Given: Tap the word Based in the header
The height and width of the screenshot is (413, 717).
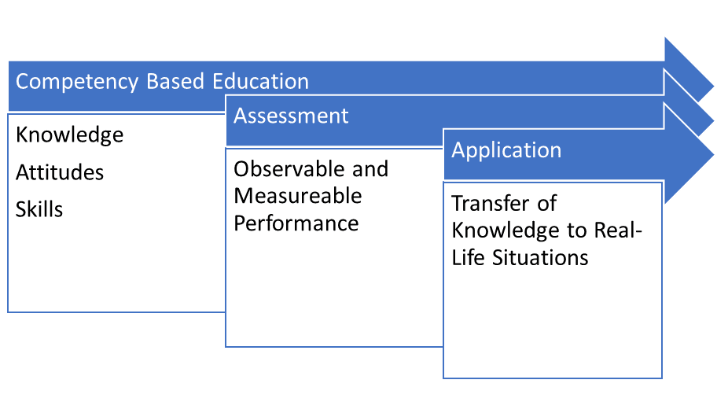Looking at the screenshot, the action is point(175,81).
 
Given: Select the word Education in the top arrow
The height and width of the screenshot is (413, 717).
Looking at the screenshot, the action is point(261,81).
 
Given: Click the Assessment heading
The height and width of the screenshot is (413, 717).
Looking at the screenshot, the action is point(291,116).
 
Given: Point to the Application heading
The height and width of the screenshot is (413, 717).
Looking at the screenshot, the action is point(506,151).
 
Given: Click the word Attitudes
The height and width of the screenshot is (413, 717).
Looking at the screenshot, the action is point(60,172).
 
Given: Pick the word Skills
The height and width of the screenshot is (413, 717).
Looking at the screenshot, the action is point(39,209).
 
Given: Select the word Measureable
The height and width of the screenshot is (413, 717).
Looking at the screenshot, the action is point(298,196).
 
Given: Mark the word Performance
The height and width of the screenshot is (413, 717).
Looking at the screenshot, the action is point(296,223).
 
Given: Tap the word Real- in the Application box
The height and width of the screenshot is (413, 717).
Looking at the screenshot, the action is point(618,230).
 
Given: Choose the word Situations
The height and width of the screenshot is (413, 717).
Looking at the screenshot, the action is point(540,257).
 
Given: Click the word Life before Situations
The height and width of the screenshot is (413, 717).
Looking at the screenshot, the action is point(468,257).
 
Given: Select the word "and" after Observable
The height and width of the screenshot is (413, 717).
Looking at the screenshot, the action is point(370,169).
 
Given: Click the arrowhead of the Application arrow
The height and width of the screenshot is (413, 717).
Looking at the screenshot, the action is point(688,154).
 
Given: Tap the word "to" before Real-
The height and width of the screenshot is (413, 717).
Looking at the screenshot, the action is point(577,230).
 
